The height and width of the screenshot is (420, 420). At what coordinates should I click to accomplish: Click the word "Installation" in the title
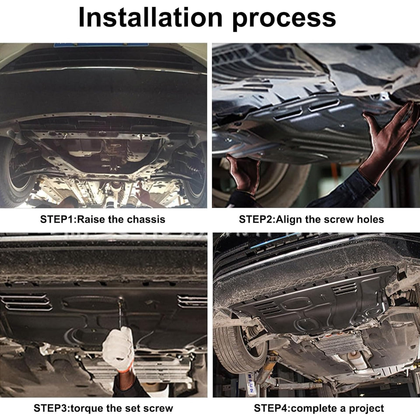[x=150, y=17]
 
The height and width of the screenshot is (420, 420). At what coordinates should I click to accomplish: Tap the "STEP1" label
[x=57, y=219]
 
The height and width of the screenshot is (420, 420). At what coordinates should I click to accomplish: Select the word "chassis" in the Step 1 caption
[x=146, y=219]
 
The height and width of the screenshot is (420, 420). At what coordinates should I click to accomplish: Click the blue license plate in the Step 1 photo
[x=101, y=45]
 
